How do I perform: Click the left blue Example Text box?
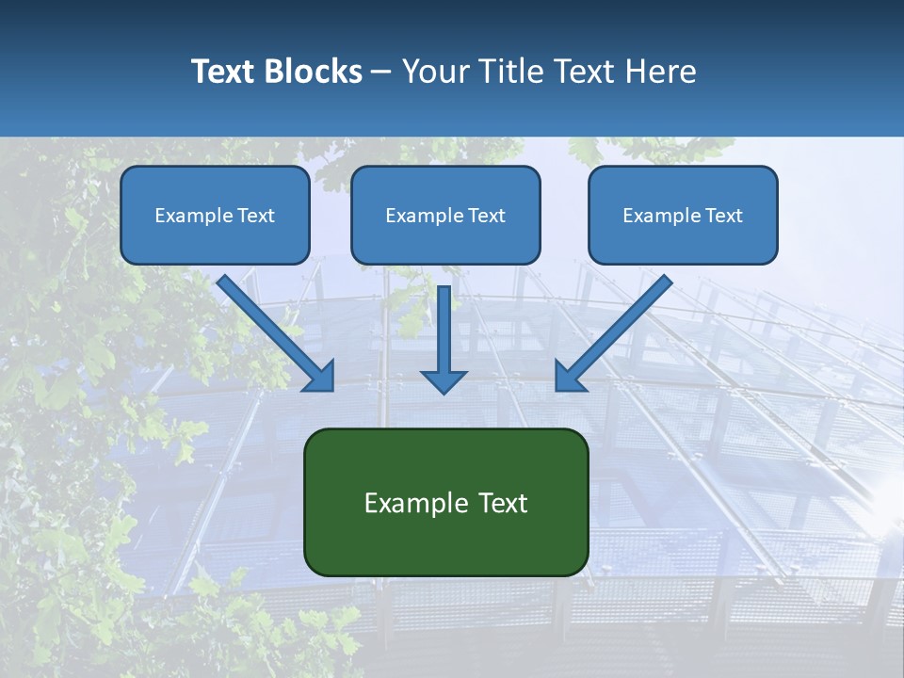215,215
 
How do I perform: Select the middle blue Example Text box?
445,215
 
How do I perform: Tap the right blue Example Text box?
683,215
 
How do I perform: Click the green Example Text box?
445,502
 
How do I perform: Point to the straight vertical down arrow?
444,330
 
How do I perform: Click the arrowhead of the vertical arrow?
444,380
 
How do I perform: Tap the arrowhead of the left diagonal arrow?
320,376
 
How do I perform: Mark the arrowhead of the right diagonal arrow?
569,376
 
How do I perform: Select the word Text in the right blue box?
724,216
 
